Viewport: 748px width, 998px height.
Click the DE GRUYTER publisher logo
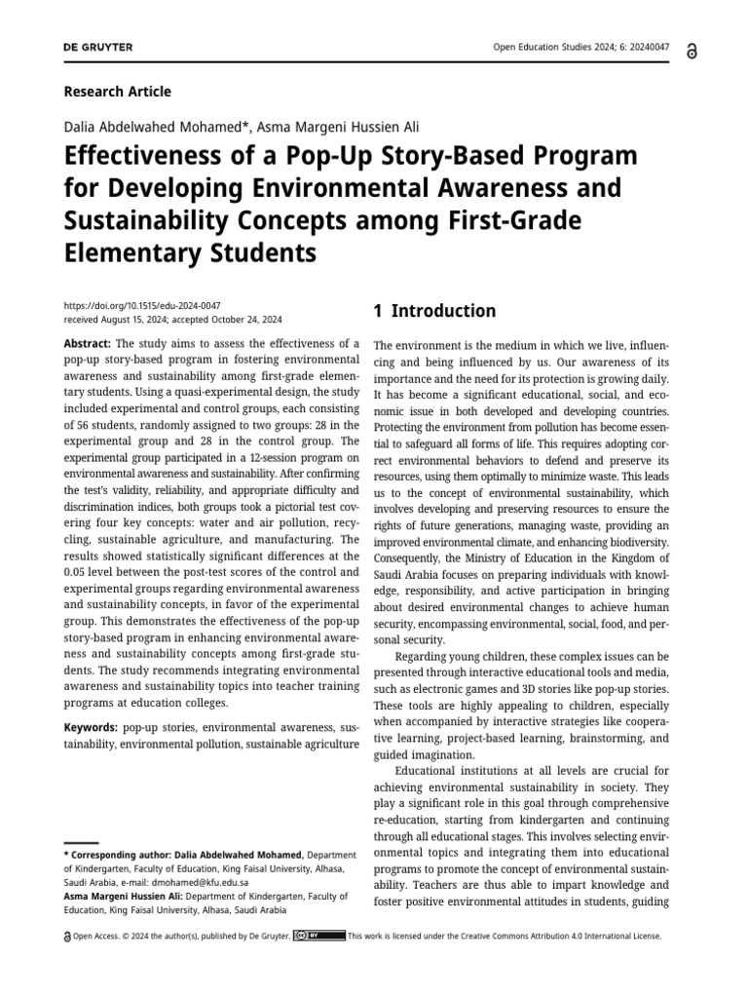[x=97, y=48]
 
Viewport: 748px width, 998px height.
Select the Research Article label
[x=117, y=92]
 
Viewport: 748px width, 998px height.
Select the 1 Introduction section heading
[x=434, y=312]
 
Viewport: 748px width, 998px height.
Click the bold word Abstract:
[x=88, y=344]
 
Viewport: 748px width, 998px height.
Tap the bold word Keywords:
[x=91, y=727]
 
